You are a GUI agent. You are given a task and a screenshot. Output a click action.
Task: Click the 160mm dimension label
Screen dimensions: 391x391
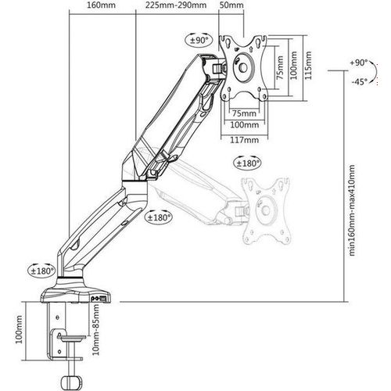101,5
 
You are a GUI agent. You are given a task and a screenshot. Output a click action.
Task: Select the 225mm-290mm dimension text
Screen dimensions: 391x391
176,5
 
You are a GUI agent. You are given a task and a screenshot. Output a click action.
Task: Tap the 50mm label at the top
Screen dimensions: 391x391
231,5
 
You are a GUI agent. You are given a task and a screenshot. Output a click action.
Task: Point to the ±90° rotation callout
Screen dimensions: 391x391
199,40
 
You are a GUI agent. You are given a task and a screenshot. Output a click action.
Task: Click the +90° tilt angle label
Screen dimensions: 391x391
359,63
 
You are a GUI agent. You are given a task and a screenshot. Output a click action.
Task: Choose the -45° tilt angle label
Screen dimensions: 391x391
359,81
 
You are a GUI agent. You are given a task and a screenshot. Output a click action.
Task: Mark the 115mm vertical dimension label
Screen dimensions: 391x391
308,66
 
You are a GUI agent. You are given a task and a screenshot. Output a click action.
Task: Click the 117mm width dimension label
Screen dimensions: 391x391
244,140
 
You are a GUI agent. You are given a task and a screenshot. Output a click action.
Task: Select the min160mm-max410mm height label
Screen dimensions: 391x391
352,210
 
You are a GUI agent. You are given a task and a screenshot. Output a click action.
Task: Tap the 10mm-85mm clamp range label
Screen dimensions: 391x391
96,329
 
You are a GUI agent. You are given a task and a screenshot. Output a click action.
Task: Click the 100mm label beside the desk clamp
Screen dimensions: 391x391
19,329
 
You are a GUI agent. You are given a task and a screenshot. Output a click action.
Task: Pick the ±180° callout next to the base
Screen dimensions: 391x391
41,271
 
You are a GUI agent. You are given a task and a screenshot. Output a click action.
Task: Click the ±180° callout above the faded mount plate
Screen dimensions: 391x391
247,163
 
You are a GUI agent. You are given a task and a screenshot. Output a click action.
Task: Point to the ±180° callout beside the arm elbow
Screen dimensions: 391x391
158,217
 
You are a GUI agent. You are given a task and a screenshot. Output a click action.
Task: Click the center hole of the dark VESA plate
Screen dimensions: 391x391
243,68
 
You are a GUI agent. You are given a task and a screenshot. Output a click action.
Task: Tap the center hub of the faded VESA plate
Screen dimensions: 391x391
266,210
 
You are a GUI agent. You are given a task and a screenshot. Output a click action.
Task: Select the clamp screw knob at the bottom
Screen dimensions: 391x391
73,382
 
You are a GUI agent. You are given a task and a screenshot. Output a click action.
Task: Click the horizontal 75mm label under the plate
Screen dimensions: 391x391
244,113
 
